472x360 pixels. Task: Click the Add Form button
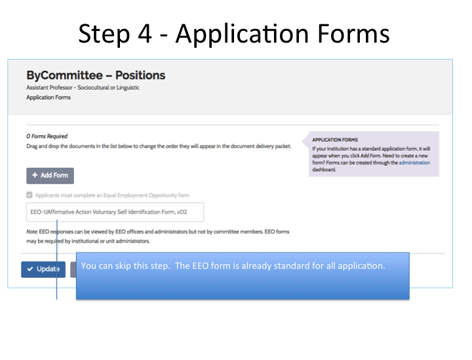pyautogui.click(x=50, y=176)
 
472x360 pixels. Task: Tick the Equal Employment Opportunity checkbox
pyautogui.click(x=29, y=195)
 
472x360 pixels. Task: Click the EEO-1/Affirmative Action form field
pyautogui.click(x=115, y=212)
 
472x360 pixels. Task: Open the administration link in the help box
pyautogui.click(x=414, y=163)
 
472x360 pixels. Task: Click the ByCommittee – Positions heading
pyautogui.click(x=96, y=75)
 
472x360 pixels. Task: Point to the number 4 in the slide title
pyautogui.click(x=144, y=33)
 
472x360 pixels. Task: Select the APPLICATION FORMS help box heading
pyautogui.click(x=335, y=140)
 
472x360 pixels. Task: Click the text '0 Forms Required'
pyautogui.click(x=47, y=136)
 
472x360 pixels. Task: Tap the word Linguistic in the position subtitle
pyautogui.click(x=128, y=88)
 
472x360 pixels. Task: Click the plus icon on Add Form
pyautogui.click(x=35, y=175)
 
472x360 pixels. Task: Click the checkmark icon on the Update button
pyautogui.click(x=29, y=269)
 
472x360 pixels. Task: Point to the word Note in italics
pyautogui.click(x=32, y=231)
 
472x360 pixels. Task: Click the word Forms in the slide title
pyautogui.click(x=353, y=33)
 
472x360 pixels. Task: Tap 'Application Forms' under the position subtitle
pyautogui.click(x=49, y=98)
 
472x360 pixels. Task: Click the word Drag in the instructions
pyautogui.click(x=31, y=146)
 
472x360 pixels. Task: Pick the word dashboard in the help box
pyautogui.click(x=324, y=169)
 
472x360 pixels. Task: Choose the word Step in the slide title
pyautogui.click(x=104, y=34)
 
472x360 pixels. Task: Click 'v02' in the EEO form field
pyautogui.click(x=182, y=212)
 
